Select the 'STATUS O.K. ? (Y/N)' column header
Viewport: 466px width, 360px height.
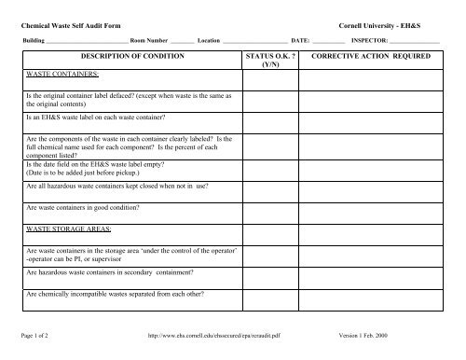[x=269, y=62]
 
